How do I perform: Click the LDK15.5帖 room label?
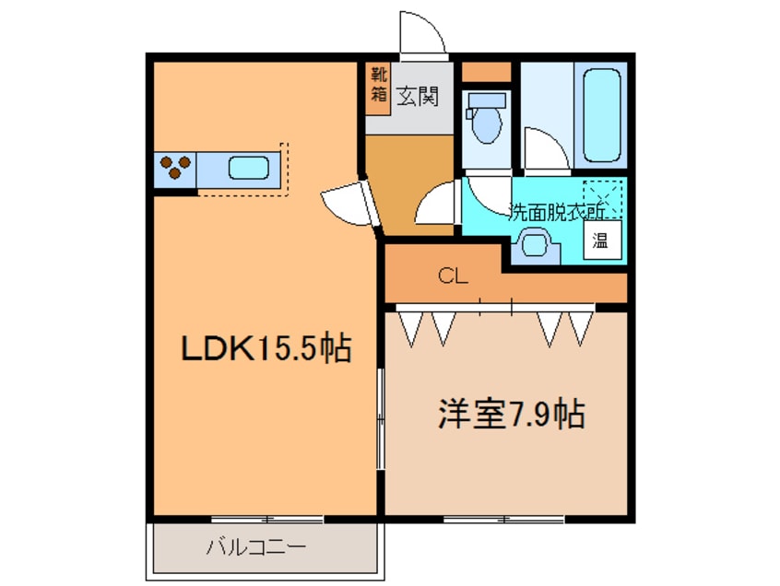[266, 348]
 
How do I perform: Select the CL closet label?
[452, 274]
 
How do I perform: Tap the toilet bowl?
[482, 119]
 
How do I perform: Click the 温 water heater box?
[600, 241]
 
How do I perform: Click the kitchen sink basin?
[249, 169]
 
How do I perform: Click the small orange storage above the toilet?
[485, 72]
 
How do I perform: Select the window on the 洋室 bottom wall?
[502, 520]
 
